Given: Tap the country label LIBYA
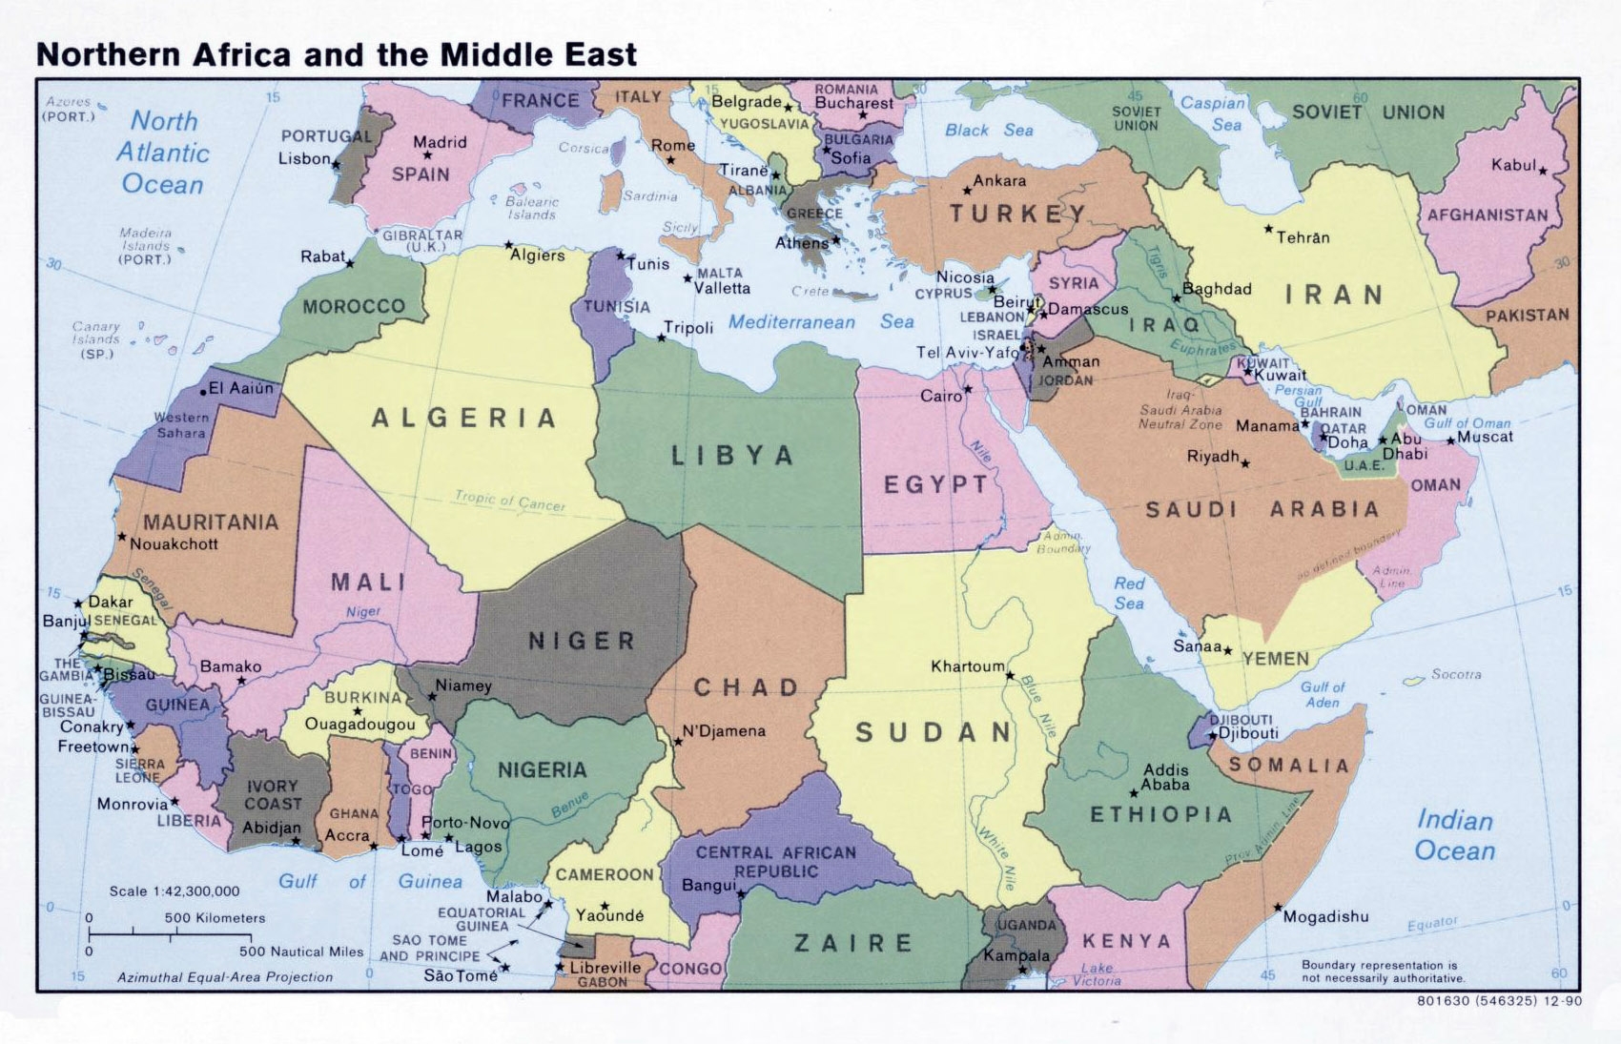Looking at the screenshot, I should (x=732, y=456).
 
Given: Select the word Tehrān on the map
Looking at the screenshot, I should (x=1303, y=237).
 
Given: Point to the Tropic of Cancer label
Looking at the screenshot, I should (x=509, y=501).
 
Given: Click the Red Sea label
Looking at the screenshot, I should (x=1129, y=593).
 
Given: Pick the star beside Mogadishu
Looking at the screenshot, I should (x=1278, y=908).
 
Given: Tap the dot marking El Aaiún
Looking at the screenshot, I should (x=203, y=392).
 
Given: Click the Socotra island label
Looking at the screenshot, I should (x=1456, y=674).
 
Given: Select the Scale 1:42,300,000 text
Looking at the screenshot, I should (x=174, y=891).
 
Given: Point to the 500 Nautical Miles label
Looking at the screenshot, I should (x=301, y=952).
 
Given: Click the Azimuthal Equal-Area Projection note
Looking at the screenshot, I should (x=225, y=977).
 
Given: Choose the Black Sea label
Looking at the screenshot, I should (x=989, y=131).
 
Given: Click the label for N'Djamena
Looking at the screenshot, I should (x=724, y=731).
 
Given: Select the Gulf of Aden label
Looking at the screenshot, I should (x=1323, y=694).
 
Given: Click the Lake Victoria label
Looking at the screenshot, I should (x=1097, y=974).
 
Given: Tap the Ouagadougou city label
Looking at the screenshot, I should (x=359, y=725).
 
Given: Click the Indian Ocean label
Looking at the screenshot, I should (x=1454, y=835).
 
